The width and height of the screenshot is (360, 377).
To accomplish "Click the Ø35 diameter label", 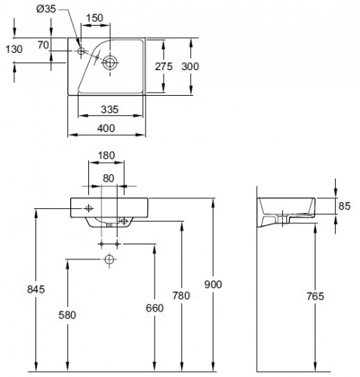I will (45, 10).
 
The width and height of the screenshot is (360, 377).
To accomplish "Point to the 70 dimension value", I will (44, 46).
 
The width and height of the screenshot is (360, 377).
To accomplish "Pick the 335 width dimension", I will (112, 110).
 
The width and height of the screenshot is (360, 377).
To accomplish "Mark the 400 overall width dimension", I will (106, 128).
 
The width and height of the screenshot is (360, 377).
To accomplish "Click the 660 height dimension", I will (155, 308).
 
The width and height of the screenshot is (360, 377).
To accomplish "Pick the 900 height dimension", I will (213, 284).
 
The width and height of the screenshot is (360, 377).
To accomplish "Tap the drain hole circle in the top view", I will (109, 63).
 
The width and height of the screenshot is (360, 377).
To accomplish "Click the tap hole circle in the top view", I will (82, 51).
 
